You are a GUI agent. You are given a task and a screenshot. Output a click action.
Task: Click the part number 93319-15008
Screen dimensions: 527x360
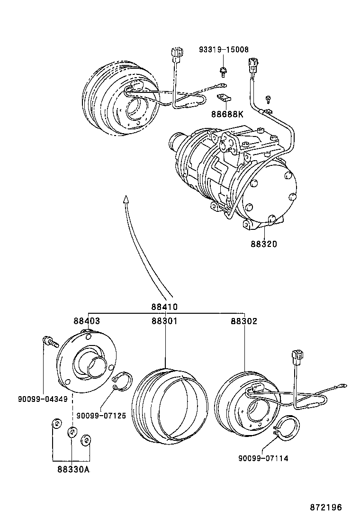(x=224, y=49)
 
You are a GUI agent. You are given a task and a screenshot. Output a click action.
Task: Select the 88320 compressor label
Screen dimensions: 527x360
(x=264, y=245)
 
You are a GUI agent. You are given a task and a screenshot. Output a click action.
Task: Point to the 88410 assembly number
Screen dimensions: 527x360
(x=164, y=307)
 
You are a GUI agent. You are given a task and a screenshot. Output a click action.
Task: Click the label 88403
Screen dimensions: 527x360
(x=87, y=321)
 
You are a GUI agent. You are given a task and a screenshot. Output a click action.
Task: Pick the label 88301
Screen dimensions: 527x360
(x=164, y=321)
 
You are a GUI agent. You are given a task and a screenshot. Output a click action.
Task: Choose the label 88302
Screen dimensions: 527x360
(x=244, y=321)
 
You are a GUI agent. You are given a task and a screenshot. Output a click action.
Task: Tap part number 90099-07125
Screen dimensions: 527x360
(x=101, y=416)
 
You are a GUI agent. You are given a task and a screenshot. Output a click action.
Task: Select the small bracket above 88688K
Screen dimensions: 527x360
(x=224, y=98)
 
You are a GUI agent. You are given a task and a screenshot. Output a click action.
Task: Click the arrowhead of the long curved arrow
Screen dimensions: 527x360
(x=126, y=199)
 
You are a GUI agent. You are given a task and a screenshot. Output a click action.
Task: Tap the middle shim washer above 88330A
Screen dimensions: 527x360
(x=72, y=432)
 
